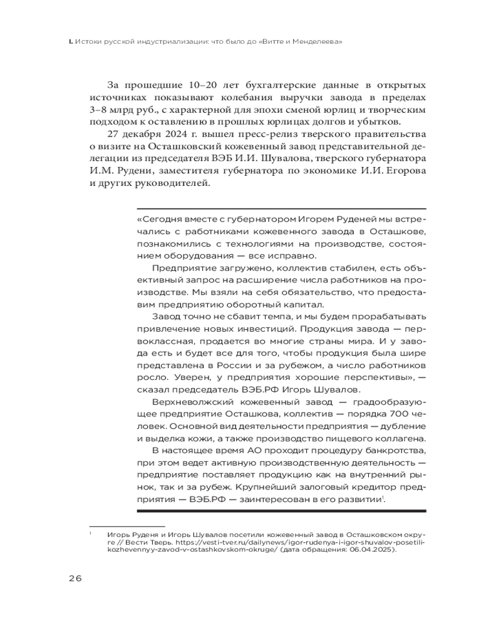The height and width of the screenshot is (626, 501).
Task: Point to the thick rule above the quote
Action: click(x=281, y=208)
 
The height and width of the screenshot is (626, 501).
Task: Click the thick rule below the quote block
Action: click(x=281, y=511)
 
